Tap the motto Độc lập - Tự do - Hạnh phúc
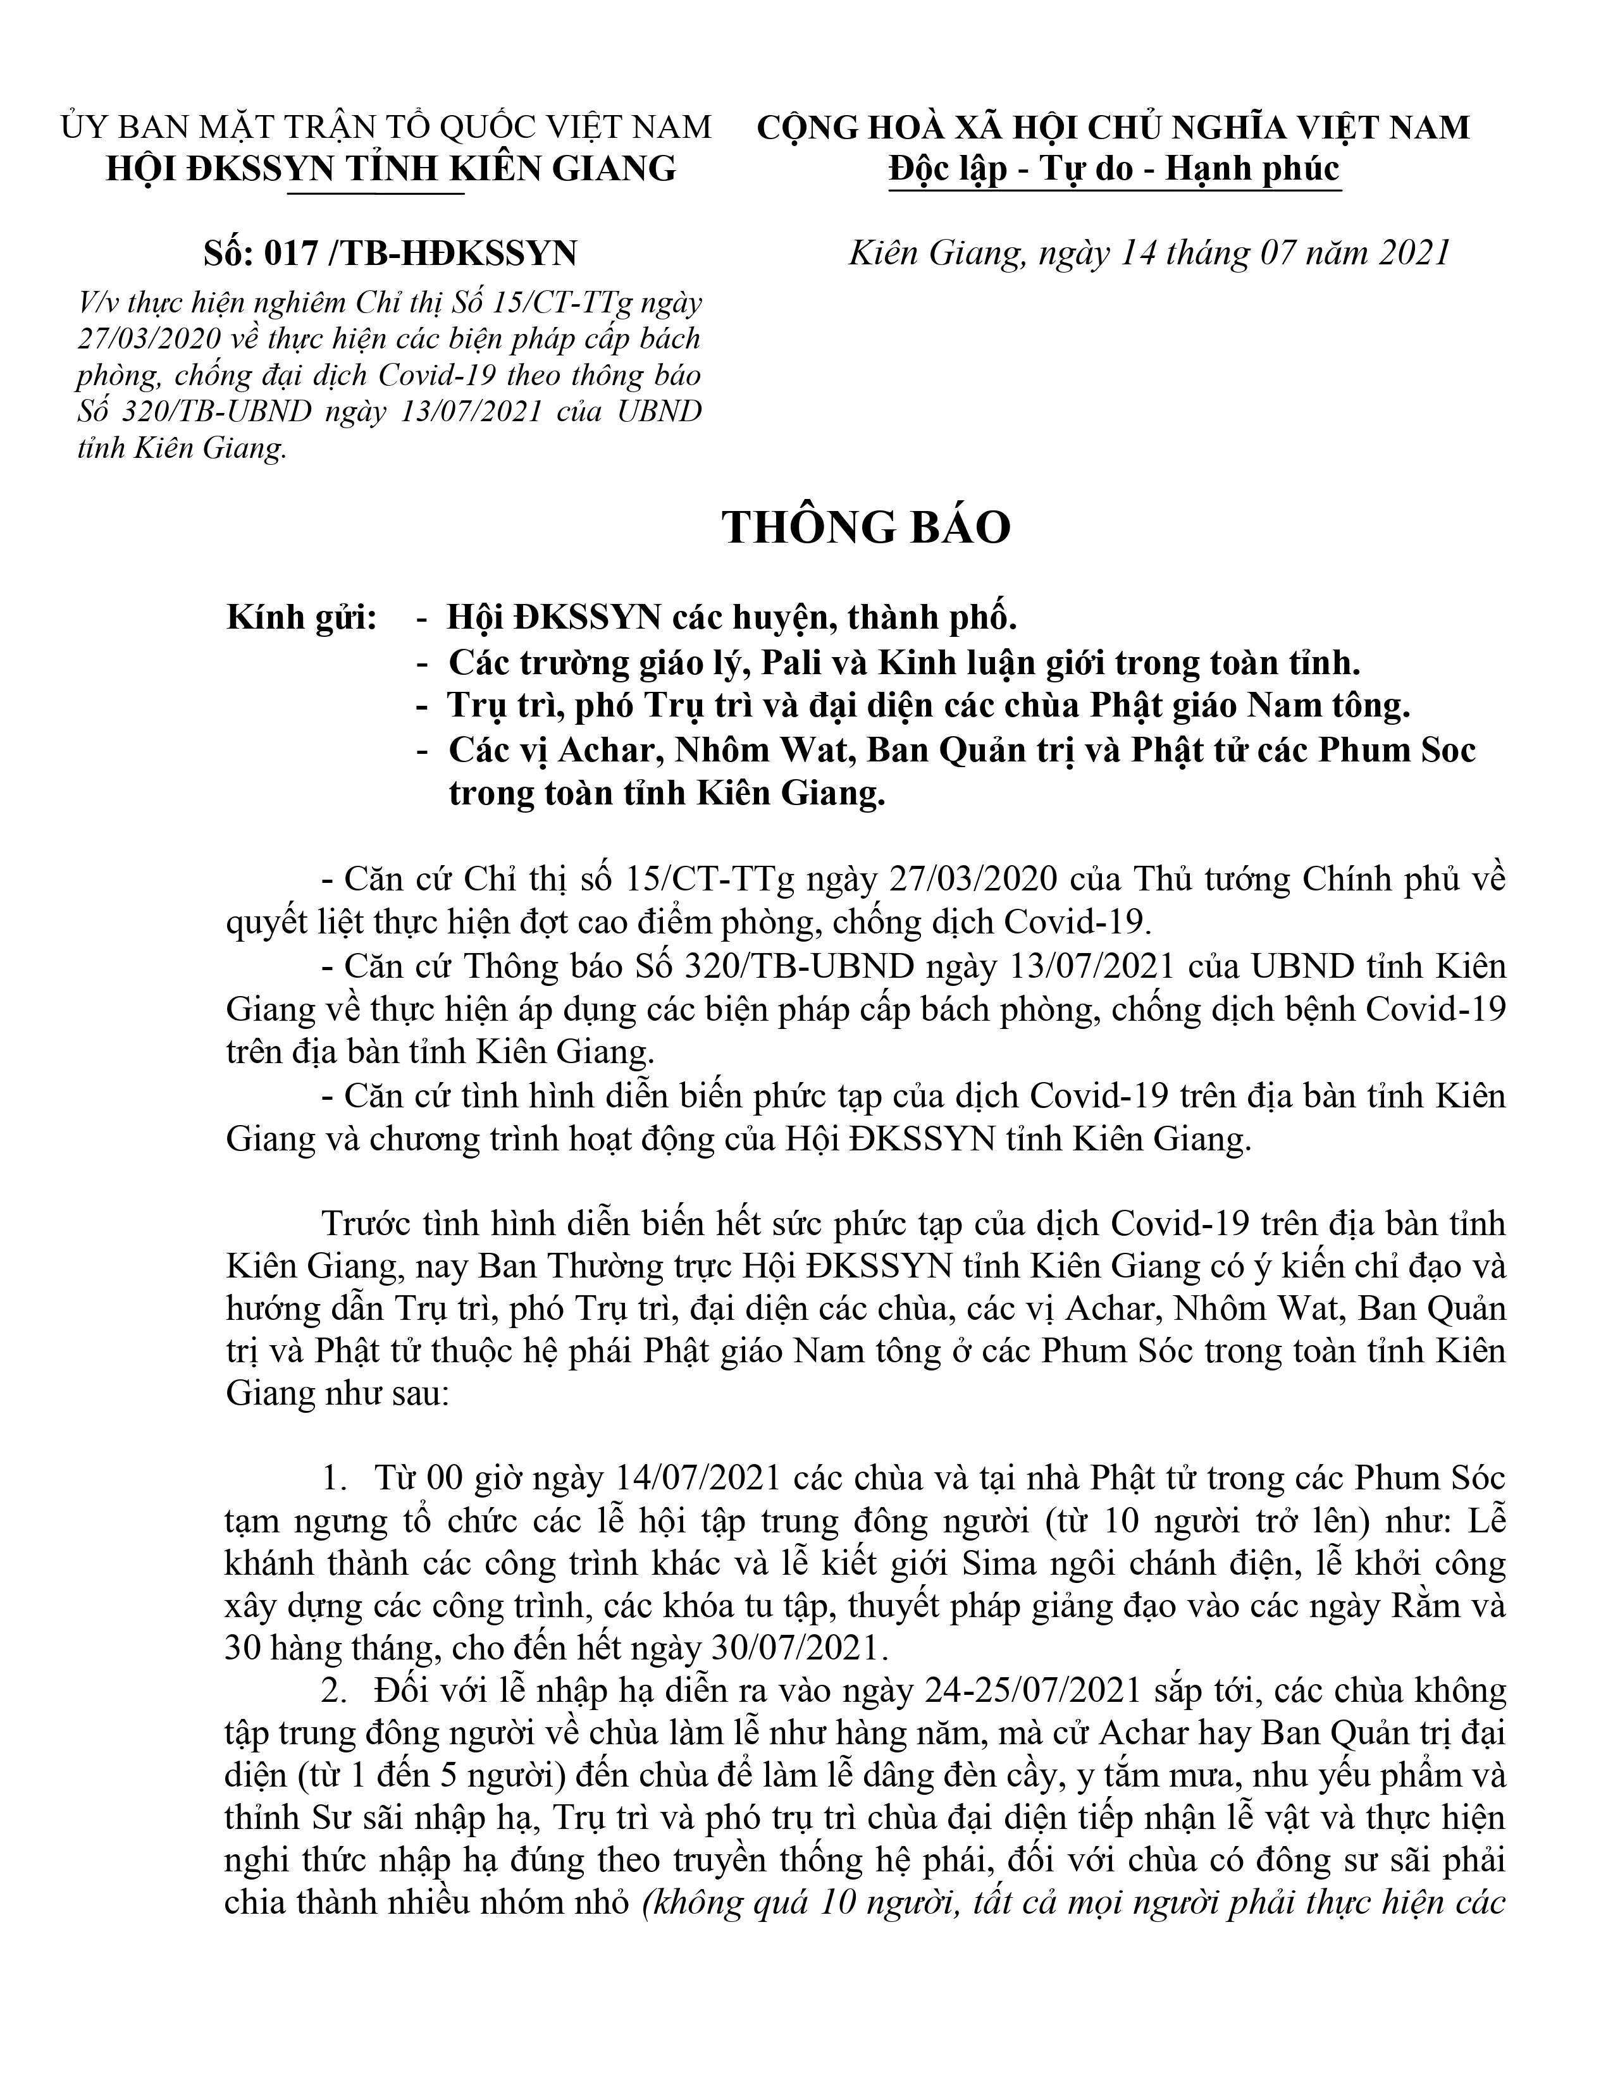click(1113, 169)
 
